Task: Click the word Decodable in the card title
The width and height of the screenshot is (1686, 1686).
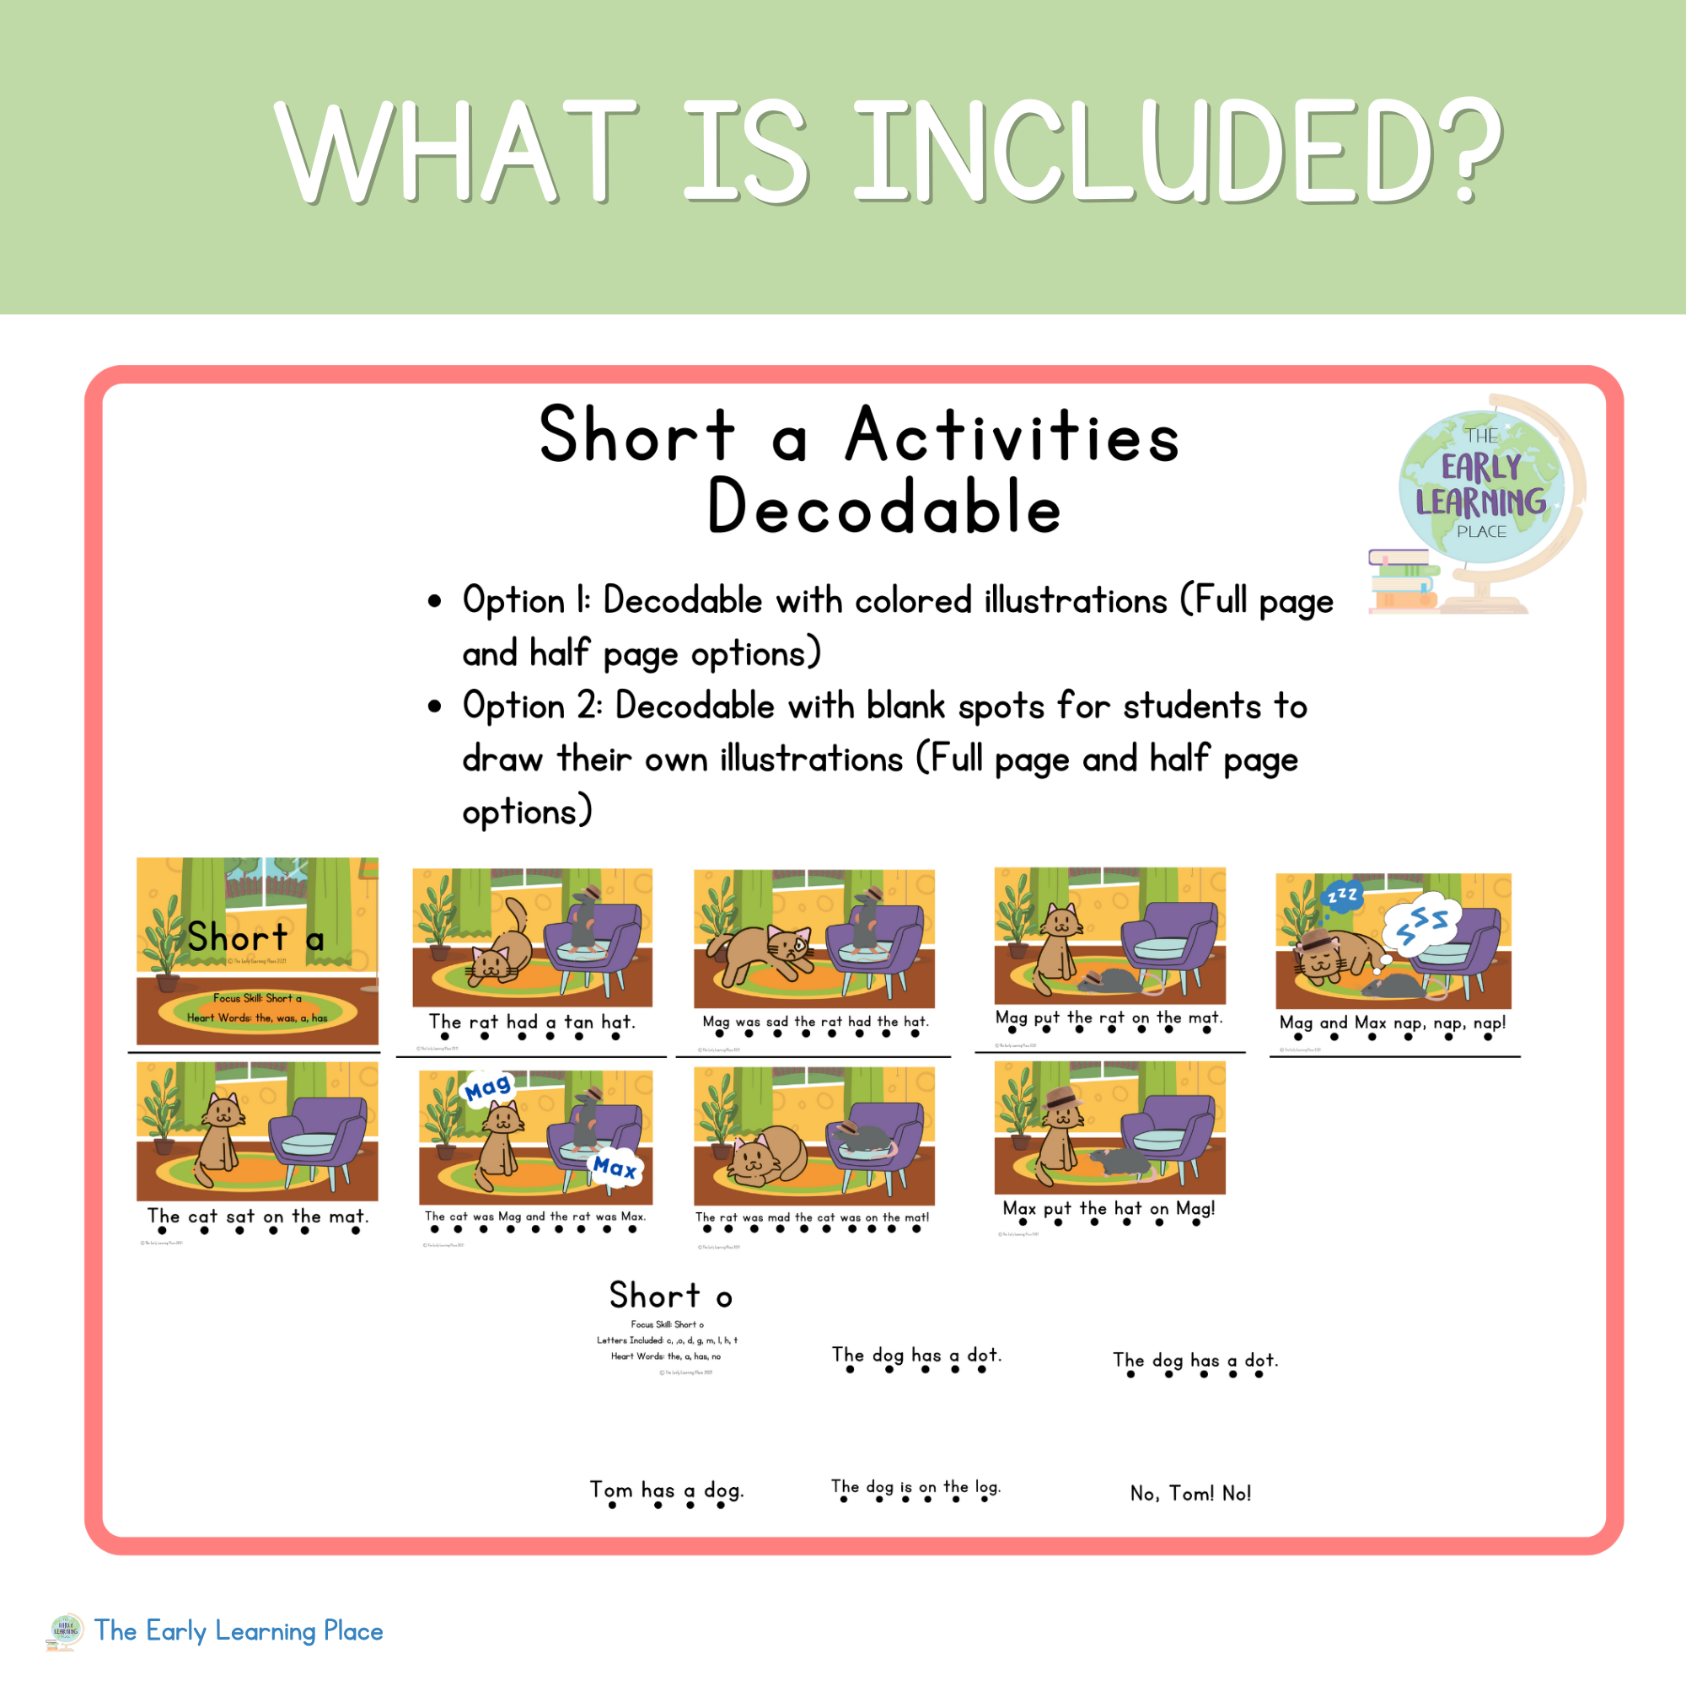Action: (883, 507)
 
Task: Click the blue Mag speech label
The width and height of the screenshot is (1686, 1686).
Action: (487, 1088)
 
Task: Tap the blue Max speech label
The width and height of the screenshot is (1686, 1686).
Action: (615, 1167)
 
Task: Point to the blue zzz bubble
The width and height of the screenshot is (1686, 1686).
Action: (1341, 895)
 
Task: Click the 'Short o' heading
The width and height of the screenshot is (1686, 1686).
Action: (670, 1296)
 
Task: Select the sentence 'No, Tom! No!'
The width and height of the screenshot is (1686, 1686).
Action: (1190, 1493)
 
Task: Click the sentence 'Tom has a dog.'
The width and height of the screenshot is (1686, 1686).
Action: (667, 1490)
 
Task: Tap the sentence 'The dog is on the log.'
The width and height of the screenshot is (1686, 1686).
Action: (915, 1486)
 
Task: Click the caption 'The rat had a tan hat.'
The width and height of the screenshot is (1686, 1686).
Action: (531, 1022)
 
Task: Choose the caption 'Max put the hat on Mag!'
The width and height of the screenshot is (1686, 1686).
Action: (1109, 1209)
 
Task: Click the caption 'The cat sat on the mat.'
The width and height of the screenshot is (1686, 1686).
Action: (257, 1216)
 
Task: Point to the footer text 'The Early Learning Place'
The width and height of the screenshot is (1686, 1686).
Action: (239, 1631)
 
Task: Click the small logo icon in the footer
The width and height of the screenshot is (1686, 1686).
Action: (66, 1631)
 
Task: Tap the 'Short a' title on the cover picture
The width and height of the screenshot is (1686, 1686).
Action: (255, 938)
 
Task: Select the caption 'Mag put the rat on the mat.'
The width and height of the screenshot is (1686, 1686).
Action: (1109, 1018)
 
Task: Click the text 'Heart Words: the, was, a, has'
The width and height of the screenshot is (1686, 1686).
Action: (256, 1018)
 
